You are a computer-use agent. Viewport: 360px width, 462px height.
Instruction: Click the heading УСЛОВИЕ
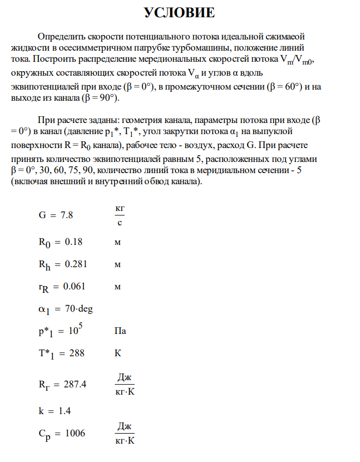point(180,13)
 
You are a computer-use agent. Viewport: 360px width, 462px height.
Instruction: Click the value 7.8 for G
point(66,215)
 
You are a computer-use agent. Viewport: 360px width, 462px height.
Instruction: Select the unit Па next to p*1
point(120,331)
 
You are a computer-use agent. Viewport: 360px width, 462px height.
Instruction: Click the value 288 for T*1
point(76,353)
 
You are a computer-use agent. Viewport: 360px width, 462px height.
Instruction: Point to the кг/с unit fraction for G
point(119,215)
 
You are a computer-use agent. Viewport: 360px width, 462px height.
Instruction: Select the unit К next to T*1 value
point(117,353)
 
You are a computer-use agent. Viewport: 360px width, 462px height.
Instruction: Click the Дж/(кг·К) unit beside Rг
point(125,384)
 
